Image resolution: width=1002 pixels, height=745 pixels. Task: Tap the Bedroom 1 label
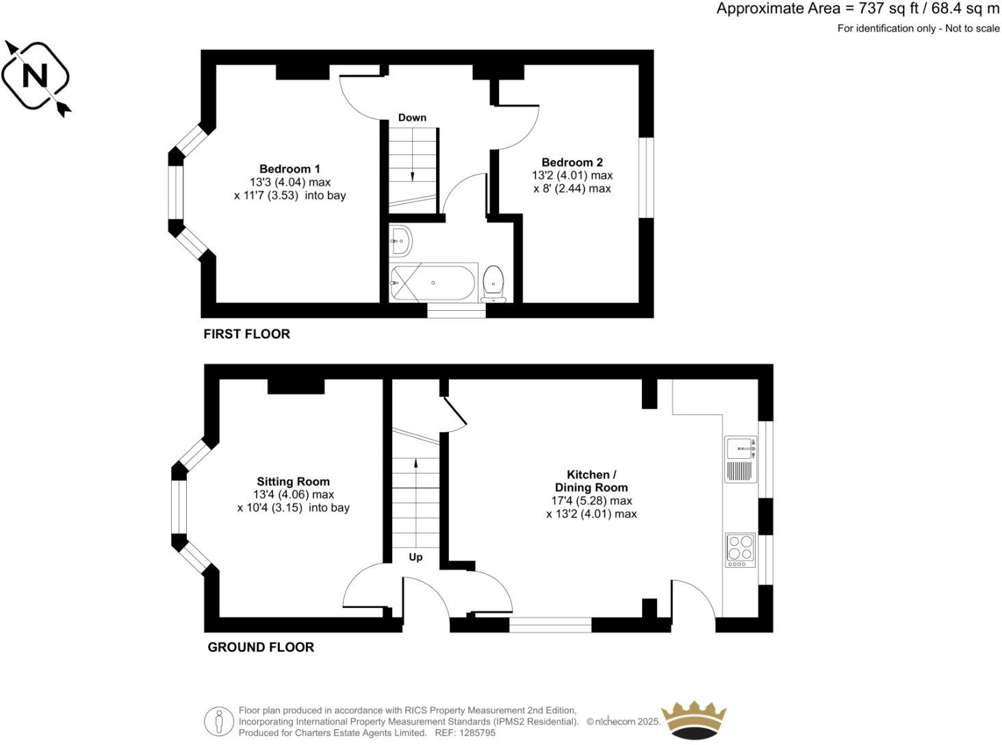pyautogui.click(x=290, y=169)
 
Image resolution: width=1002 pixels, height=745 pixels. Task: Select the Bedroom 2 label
pyautogui.click(x=572, y=163)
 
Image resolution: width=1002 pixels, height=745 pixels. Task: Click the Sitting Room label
pyautogui.click(x=293, y=482)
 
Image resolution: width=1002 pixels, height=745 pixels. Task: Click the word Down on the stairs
pyautogui.click(x=412, y=118)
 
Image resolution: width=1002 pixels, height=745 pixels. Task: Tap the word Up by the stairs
pyautogui.click(x=415, y=557)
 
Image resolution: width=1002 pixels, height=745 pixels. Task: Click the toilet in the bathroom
pyautogui.click(x=493, y=283)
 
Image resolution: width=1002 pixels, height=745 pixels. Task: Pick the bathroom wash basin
pyautogui.click(x=401, y=240)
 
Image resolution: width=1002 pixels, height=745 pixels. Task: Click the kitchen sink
pyautogui.click(x=739, y=449)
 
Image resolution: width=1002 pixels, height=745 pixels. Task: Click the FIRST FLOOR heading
pyautogui.click(x=246, y=334)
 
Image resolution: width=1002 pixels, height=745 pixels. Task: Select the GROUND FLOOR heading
pyautogui.click(x=261, y=647)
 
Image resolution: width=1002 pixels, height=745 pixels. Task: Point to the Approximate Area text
pyautogui.click(x=858, y=9)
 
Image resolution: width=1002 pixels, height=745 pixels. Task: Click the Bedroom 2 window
pyautogui.click(x=646, y=178)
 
